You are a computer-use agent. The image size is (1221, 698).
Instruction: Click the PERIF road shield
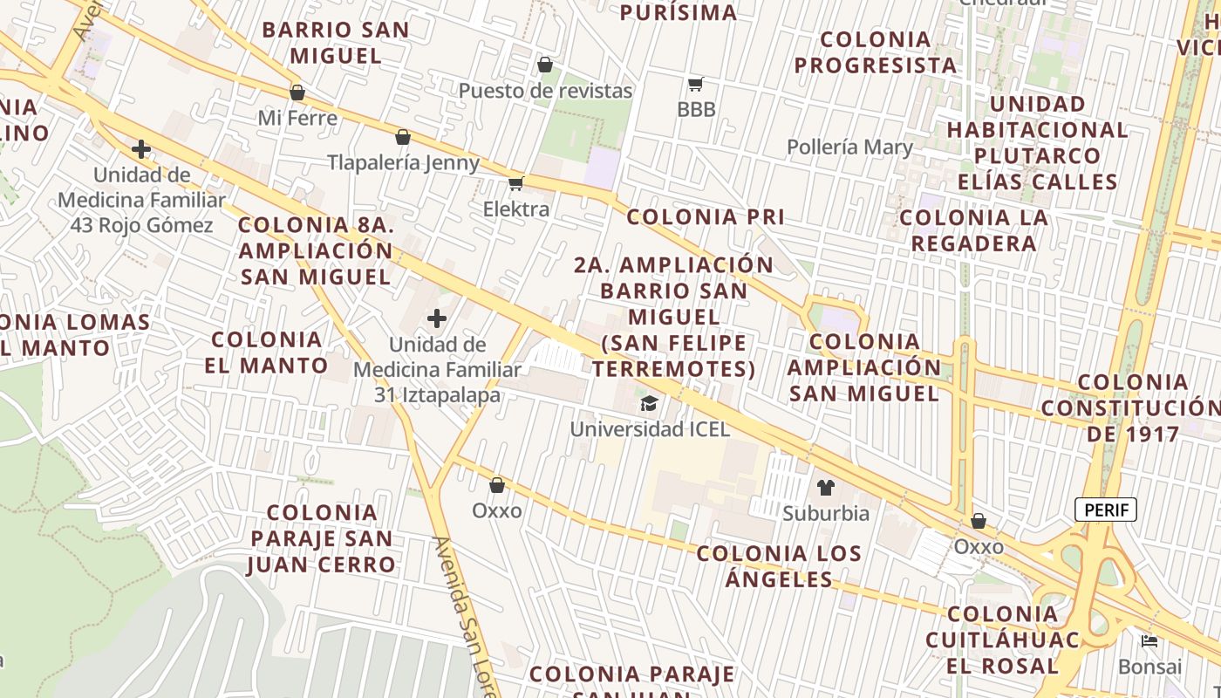1106,510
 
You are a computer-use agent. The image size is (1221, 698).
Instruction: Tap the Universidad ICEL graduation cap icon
649,403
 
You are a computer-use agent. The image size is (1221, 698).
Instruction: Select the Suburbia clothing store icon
825,488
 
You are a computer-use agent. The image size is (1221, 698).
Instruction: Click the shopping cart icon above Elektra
515,183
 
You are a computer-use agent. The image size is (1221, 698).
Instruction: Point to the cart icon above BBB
695,85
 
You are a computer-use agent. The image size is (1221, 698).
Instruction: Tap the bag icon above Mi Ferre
297,92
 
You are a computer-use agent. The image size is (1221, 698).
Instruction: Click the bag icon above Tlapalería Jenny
403,137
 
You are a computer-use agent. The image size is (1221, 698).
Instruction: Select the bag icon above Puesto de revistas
545,65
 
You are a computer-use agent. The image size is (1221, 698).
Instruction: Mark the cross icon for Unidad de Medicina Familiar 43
140,149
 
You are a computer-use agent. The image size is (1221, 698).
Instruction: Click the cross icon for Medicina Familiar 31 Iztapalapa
437,318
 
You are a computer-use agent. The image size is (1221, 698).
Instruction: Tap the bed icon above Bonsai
1149,641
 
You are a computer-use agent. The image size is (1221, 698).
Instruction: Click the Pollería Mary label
849,147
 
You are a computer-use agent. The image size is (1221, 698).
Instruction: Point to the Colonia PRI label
706,217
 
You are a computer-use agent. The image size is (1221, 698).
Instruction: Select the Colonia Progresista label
876,52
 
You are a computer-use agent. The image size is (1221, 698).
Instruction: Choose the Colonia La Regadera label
973,230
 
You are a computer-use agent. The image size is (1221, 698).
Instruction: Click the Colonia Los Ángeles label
779,566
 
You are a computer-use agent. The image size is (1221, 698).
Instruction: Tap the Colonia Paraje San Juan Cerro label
322,538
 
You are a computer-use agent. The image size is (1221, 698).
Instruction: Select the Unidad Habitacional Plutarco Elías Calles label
1037,143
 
